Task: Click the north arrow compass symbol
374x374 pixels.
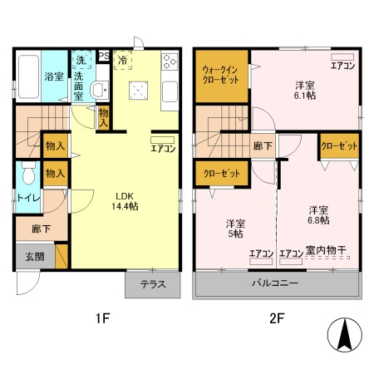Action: point(345,335)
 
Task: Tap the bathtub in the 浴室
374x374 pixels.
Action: point(28,76)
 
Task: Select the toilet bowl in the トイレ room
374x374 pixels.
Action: point(29,173)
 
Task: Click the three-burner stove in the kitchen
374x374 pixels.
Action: point(170,62)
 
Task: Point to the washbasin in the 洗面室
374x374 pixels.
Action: point(99,90)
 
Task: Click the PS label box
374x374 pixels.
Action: point(104,56)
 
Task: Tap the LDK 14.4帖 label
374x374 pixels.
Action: point(125,201)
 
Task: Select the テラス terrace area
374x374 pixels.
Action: point(153,284)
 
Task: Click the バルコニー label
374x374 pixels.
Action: point(275,283)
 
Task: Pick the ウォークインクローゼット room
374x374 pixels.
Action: point(222,76)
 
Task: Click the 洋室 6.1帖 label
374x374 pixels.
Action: point(305,90)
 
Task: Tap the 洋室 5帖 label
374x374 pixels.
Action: point(235,229)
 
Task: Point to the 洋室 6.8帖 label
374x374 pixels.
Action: point(318,214)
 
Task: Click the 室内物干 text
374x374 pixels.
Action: point(326,250)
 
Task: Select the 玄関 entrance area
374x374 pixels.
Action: point(35,256)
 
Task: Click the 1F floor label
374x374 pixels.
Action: point(103,318)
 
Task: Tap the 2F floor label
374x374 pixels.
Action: point(277,318)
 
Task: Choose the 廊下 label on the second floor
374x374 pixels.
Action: point(263,145)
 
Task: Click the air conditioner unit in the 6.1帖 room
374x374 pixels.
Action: point(342,57)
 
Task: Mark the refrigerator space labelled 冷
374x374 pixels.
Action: point(122,60)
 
